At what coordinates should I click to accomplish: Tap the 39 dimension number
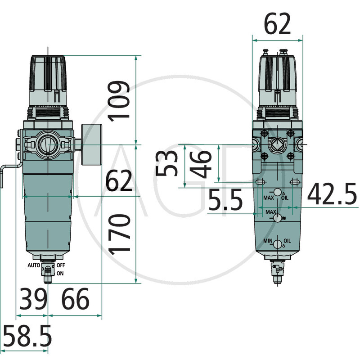tap(32, 299)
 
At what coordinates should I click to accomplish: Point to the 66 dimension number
tap(75, 299)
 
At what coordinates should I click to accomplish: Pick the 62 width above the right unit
tap(277, 25)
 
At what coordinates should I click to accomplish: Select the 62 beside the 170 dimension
tap(119, 182)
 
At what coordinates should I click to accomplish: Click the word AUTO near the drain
tap(35, 265)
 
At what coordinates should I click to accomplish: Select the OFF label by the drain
tap(61, 265)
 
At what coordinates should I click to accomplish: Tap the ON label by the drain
tap(60, 273)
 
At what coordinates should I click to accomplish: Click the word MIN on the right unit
tap(268, 241)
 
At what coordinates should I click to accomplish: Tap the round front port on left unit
tap(47, 145)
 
